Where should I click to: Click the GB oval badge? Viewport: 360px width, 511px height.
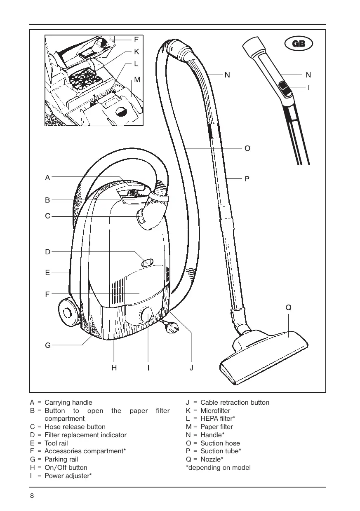click(299, 43)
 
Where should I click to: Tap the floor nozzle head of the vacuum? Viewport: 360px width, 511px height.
click(264, 357)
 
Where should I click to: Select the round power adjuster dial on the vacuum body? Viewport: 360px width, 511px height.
click(147, 315)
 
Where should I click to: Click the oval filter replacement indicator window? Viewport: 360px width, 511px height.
click(147, 263)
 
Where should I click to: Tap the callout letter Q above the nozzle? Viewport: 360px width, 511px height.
click(288, 307)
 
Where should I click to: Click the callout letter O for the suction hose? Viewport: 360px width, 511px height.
click(247, 148)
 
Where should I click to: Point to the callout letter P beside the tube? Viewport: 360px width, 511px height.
click(247, 179)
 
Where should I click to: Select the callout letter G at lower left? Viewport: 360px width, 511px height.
click(48, 345)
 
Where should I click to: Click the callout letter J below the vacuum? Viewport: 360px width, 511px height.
click(191, 368)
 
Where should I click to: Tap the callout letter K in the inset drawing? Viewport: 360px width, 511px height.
click(136, 52)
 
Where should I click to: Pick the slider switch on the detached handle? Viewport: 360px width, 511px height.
click(285, 89)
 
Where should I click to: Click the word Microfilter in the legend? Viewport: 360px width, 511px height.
click(215, 410)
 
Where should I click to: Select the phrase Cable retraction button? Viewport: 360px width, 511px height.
click(235, 402)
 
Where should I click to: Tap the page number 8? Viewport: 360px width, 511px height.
click(32, 495)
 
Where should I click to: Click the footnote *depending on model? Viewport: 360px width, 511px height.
click(218, 468)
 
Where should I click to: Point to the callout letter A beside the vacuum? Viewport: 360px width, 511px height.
click(47, 177)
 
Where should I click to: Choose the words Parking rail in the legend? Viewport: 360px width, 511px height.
click(61, 459)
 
